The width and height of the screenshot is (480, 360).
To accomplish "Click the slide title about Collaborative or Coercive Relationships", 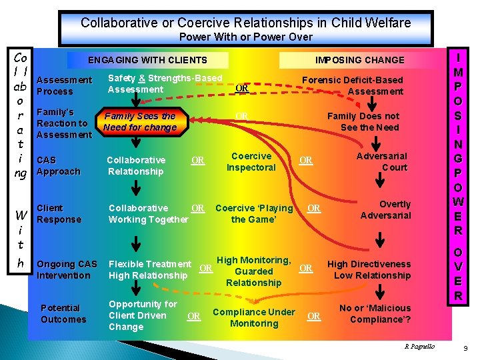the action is [x=245, y=23].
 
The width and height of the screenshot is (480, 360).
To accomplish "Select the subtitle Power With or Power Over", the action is [x=245, y=37].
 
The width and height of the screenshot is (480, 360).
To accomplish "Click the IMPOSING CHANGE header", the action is [x=359, y=60].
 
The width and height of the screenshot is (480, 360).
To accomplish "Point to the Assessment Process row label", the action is [x=64, y=85].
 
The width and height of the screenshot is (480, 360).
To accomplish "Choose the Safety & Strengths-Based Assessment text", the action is [x=165, y=84].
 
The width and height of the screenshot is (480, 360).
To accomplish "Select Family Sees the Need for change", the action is [x=140, y=121].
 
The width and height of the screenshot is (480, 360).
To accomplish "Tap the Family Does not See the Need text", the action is [x=369, y=121].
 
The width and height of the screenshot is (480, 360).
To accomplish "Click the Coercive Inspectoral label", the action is [x=251, y=161].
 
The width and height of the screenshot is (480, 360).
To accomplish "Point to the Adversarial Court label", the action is [x=381, y=161].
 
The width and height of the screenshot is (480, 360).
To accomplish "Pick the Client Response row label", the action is [x=59, y=213].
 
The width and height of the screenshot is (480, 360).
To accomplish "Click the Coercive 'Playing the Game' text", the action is [x=254, y=213].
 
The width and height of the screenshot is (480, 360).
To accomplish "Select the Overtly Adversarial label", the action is [x=385, y=209].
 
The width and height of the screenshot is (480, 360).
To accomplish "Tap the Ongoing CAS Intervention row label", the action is [x=67, y=269].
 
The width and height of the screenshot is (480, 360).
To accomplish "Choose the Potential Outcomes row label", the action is [x=63, y=313].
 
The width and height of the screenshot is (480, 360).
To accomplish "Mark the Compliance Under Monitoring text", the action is [x=253, y=317].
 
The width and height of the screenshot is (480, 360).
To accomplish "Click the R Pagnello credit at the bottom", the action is [x=419, y=347].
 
